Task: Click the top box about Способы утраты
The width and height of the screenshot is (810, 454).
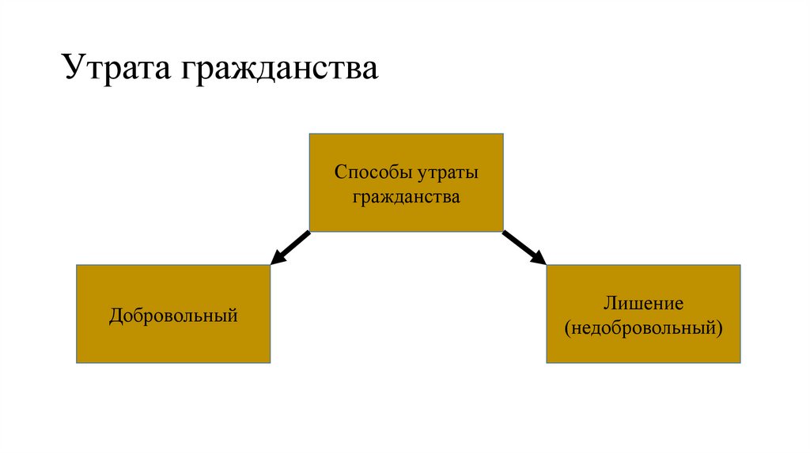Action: pyautogui.click(x=406, y=182)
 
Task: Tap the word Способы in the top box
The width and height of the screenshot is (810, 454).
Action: pyautogui.click(x=369, y=172)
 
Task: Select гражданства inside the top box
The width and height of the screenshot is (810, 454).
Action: pyautogui.click(x=406, y=196)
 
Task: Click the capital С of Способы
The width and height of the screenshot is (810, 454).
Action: pyautogui.click(x=339, y=172)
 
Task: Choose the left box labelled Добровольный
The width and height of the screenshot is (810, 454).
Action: pyautogui.click(x=173, y=313)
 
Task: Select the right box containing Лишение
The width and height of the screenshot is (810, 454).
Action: pyautogui.click(x=643, y=313)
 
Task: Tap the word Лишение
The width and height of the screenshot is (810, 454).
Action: pyautogui.click(x=642, y=303)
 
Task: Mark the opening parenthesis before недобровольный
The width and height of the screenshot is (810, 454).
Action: pyautogui.click(x=567, y=326)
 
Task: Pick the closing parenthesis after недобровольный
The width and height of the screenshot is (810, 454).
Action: pyautogui.click(x=720, y=326)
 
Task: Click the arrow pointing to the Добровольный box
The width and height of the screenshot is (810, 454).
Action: pyautogui.click(x=290, y=247)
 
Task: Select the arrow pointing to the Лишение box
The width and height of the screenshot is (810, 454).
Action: pyautogui.click(x=524, y=247)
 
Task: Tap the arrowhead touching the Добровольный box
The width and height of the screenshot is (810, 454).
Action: pyautogui.click(x=276, y=258)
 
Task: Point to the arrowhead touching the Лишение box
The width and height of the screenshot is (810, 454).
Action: pyautogui.click(x=539, y=258)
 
